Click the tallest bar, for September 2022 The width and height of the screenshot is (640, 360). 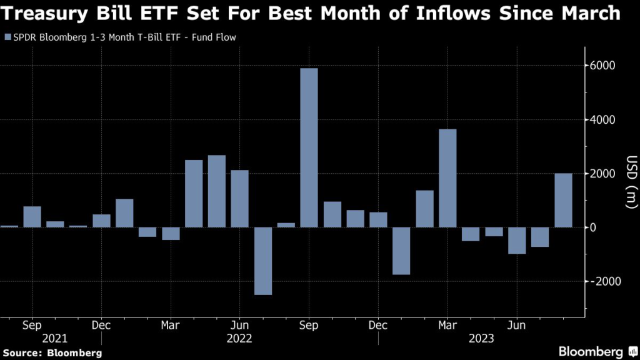coord(309,147)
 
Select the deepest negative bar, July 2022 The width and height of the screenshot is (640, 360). coord(262,261)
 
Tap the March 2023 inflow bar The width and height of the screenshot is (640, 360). coord(447,178)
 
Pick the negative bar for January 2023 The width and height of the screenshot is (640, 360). coord(401,251)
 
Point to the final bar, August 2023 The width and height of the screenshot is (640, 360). coord(563,200)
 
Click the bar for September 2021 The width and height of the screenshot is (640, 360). coord(32,216)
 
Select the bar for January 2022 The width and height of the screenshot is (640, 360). coord(124,213)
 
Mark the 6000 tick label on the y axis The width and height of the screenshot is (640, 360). coord(603,66)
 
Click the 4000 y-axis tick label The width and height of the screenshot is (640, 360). coord(603,119)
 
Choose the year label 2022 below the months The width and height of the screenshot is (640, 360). coord(240,339)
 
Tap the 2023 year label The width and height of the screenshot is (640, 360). coord(482,339)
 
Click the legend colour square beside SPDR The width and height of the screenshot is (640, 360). coord(7,37)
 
